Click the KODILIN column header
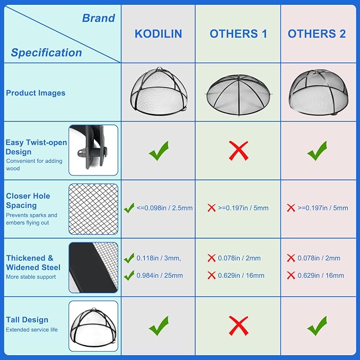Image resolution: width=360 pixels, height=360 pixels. [x=158, y=34]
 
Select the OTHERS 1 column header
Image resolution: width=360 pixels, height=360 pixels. [x=239, y=34]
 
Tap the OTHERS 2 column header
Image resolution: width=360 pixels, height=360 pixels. [x=317, y=34]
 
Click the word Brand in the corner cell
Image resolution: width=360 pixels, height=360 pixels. [x=99, y=18]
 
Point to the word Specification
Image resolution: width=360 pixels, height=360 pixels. [x=46, y=52]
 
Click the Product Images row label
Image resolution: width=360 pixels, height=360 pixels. [x=36, y=93]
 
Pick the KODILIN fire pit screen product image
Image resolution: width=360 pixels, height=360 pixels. [x=159, y=91]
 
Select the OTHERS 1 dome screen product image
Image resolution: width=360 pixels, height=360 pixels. [x=238, y=94]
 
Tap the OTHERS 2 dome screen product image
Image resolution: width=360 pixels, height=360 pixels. [x=319, y=92]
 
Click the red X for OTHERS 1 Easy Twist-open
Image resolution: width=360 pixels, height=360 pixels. [x=239, y=151]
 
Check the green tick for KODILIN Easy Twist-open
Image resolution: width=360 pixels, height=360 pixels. [x=159, y=151]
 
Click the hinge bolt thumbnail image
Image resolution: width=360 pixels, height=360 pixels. [x=93, y=150]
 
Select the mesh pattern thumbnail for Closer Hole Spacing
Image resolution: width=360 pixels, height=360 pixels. [x=93, y=209]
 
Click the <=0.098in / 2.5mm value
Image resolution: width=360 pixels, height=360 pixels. [x=164, y=208]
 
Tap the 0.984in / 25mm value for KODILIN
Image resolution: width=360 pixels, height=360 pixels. [x=160, y=275]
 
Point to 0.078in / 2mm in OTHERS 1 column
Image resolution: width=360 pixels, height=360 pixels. [x=239, y=258]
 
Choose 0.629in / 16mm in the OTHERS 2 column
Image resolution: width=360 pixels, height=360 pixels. [x=321, y=275]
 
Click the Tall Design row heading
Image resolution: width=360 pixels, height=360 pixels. [x=27, y=320]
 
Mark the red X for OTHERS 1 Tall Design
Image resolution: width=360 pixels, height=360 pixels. [x=239, y=326]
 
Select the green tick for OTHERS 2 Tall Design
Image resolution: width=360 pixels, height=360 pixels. [x=317, y=326]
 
